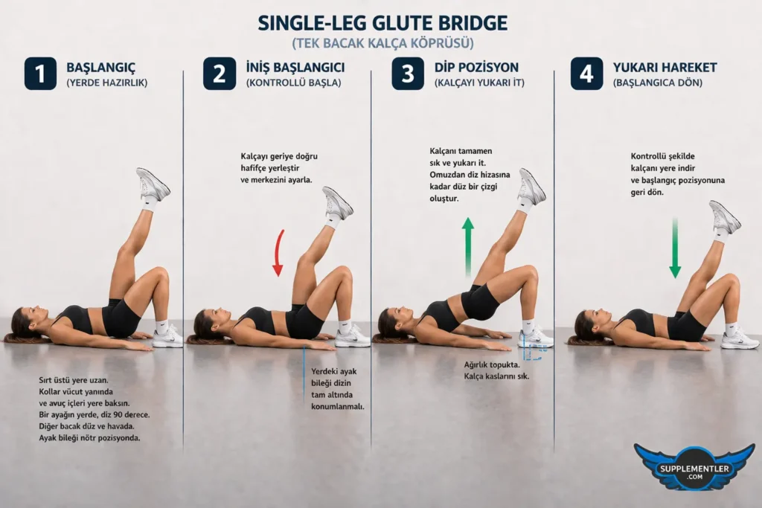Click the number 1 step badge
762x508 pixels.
tap(40, 74)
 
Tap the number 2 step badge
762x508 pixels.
tap(220, 74)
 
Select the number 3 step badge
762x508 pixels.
tap(408, 74)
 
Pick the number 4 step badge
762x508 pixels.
tap(586, 74)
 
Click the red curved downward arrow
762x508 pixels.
tap(278, 253)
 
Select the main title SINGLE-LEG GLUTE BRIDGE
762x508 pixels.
tap(382, 23)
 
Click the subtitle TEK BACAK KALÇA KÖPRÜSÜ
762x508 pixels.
tap(382, 43)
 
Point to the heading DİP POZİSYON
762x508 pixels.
tap(476, 68)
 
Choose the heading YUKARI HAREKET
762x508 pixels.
tap(665, 68)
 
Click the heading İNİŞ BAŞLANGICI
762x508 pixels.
tap(295, 68)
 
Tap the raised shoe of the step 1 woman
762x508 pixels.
tap(153, 184)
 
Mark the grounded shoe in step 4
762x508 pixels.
tap(740, 339)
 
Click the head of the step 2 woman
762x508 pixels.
tap(206, 324)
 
